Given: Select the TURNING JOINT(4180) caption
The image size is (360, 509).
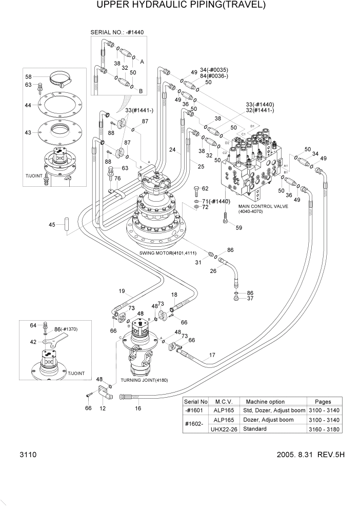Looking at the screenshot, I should coord(144,380).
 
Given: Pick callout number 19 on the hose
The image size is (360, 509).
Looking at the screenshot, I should coord(122,291).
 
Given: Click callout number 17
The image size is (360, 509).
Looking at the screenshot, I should coord(212,355).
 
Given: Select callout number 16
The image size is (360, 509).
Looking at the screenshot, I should coord(138,408).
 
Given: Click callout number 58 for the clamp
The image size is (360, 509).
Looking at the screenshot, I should coord(29,76).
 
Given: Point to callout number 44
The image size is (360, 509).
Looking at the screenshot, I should coord(29,105).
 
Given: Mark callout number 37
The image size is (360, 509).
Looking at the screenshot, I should coord(250,299).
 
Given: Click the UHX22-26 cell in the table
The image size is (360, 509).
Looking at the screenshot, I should coord(224,429).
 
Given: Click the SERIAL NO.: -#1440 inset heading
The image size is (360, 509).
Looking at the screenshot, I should coord(117,32).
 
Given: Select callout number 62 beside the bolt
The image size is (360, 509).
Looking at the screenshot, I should coord(205,189).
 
